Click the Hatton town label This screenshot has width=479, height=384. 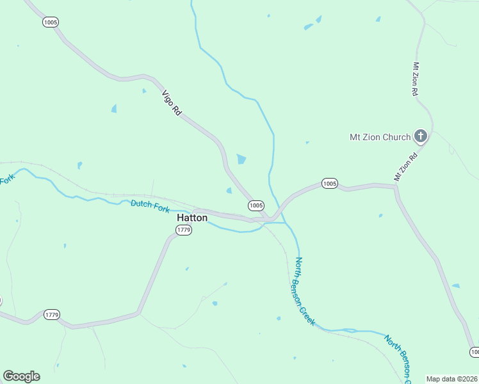[x=191, y=218]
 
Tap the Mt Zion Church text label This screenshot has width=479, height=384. [x=380, y=136]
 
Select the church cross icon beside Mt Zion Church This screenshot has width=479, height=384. [x=421, y=136]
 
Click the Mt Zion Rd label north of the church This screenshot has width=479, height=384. [x=416, y=79]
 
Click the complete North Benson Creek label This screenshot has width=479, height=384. [x=305, y=291]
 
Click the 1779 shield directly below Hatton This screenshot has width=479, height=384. [x=184, y=230]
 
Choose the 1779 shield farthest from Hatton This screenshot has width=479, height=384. [x=52, y=314]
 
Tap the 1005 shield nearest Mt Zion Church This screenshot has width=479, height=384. [x=329, y=184]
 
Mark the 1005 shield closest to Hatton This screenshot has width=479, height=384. [x=256, y=205]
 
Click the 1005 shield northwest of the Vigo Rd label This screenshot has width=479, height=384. [x=51, y=22]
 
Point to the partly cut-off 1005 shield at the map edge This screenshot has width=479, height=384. [x=474, y=352]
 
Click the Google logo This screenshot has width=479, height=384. [x=21, y=376]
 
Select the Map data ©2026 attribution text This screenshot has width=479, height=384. [x=452, y=379]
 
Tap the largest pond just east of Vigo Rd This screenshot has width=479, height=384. [x=241, y=159]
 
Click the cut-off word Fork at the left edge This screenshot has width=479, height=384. [x=6, y=180]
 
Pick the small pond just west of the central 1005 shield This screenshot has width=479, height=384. [x=229, y=190]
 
